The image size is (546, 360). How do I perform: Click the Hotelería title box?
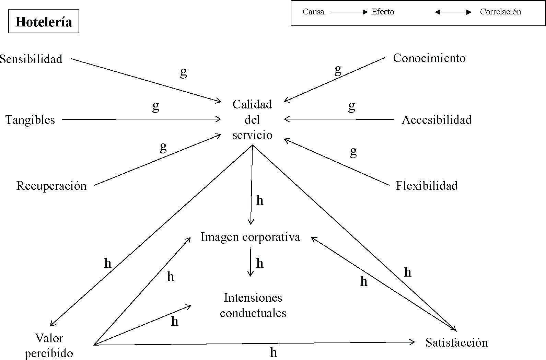point(44,22)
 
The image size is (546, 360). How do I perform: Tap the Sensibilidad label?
point(31,59)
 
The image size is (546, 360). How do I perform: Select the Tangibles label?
point(30,120)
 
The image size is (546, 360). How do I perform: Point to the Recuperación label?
point(51,186)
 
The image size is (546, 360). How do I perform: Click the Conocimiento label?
point(429,58)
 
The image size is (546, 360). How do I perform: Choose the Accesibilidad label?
point(437,120)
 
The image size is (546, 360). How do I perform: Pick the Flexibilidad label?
point(427,186)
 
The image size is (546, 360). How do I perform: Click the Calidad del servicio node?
point(252,119)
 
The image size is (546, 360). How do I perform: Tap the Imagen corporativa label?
point(250,237)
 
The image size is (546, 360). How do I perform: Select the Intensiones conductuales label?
point(253,305)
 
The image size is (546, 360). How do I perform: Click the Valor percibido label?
point(49,346)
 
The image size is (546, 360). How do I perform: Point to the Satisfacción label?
point(456,342)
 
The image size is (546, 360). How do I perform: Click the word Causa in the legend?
point(313,12)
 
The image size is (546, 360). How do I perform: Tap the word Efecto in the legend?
point(383,12)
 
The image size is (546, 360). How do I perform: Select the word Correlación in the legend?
point(500,12)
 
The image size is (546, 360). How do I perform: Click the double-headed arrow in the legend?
point(453,12)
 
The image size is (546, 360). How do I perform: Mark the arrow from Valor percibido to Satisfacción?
point(254,343)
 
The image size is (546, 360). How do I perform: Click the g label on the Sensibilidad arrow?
point(184,72)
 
